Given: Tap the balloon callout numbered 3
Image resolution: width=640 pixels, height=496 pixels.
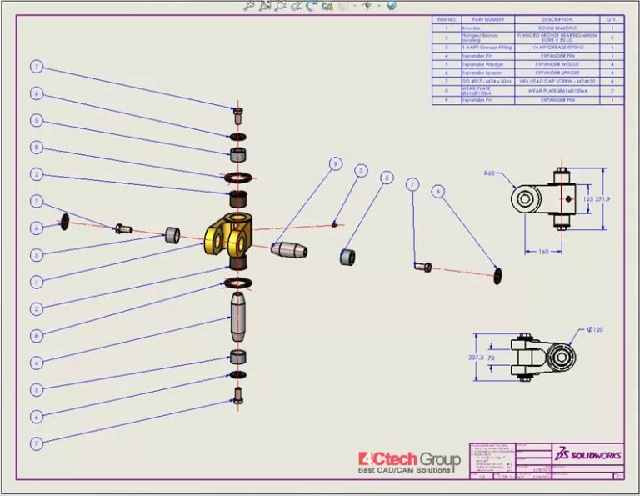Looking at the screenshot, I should (361, 171).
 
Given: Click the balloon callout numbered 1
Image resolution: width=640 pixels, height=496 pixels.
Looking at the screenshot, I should (36, 282).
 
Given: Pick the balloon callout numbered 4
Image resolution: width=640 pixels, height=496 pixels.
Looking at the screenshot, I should (36, 363).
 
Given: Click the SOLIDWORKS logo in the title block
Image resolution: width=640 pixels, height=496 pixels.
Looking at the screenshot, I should (587, 453).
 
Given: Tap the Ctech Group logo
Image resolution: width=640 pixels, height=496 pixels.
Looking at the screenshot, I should (408, 462).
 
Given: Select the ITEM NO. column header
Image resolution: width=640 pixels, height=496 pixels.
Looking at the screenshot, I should (446, 18).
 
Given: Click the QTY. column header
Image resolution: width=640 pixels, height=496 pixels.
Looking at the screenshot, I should (612, 18).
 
